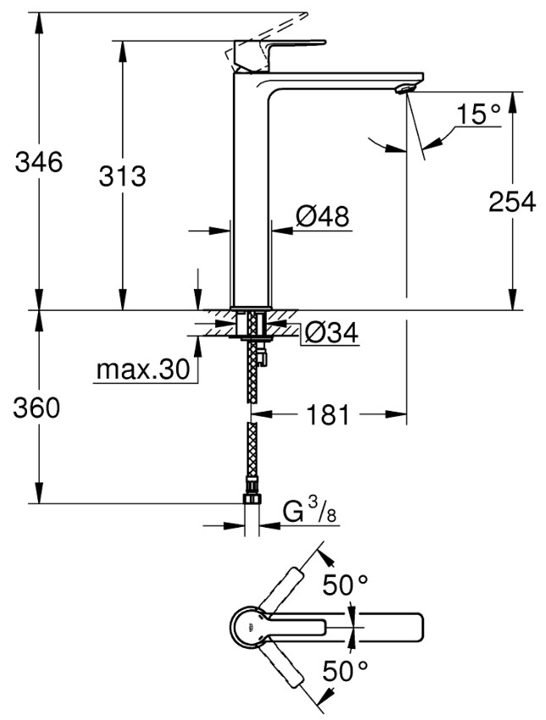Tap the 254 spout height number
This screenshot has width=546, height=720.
click(x=510, y=202)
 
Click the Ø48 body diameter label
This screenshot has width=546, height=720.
click(x=323, y=217)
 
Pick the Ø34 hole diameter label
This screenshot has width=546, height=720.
click(x=330, y=334)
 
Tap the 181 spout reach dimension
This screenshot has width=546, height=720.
click(x=326, y=414)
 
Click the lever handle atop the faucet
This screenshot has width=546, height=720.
click(x=279, y=47)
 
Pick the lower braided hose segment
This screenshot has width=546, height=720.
click(x=251, y=453)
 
